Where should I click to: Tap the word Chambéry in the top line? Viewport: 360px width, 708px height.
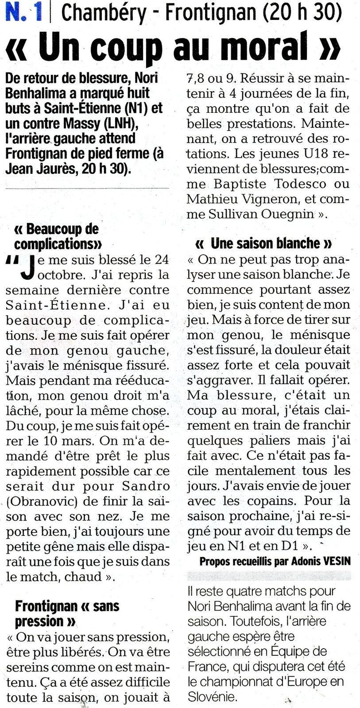[x=104, y=13]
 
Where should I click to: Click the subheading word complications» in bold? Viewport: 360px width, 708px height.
[x=58, y=244]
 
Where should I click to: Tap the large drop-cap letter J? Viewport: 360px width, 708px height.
[x=27, y=268]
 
